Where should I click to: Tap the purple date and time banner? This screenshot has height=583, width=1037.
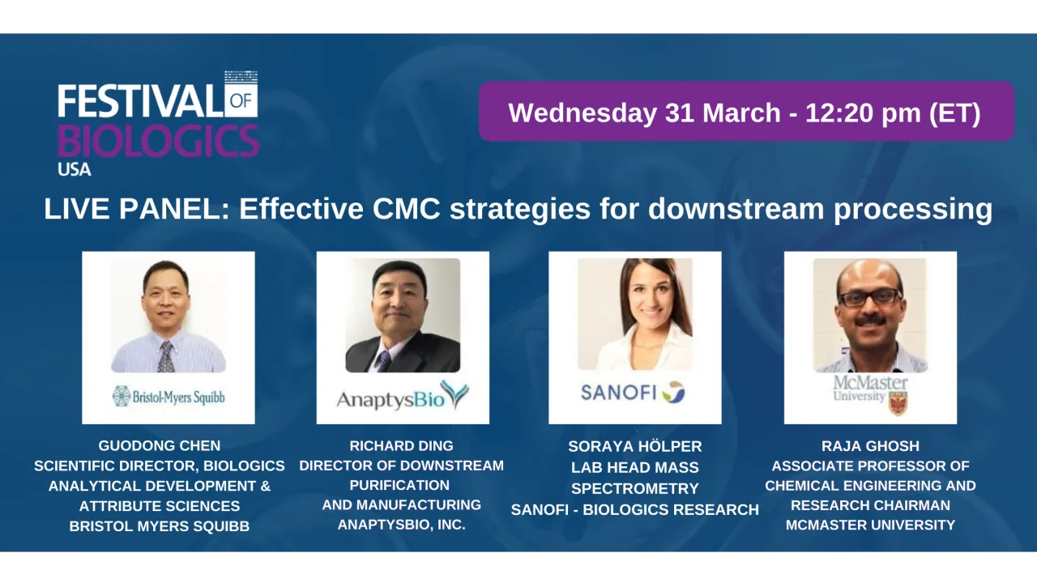tap(745, 112)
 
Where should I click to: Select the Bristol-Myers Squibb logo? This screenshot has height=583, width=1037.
tap(169, 396)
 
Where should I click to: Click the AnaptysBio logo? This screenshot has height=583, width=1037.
tap(403, 396)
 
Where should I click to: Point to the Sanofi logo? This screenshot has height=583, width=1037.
tap(633, 392)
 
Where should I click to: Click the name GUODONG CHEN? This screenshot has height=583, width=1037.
tap(160, 445)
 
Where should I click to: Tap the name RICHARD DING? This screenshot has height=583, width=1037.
tap(401, 445)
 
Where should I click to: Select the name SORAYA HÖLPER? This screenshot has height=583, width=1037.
tap(635, 446)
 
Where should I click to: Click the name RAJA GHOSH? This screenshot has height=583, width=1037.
tap(870, 445)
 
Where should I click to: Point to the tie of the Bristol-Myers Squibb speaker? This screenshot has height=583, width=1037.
tap(166, 355)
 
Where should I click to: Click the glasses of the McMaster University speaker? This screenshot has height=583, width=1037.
tap(870, 297)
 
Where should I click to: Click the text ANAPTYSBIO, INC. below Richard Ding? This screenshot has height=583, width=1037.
tap(401, 525)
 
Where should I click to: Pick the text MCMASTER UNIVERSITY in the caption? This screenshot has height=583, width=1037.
tap(870, 525)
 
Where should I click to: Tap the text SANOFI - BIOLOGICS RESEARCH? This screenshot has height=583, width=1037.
tap(635, 509)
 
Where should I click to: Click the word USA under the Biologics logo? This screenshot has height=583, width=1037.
tap(75, 169)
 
